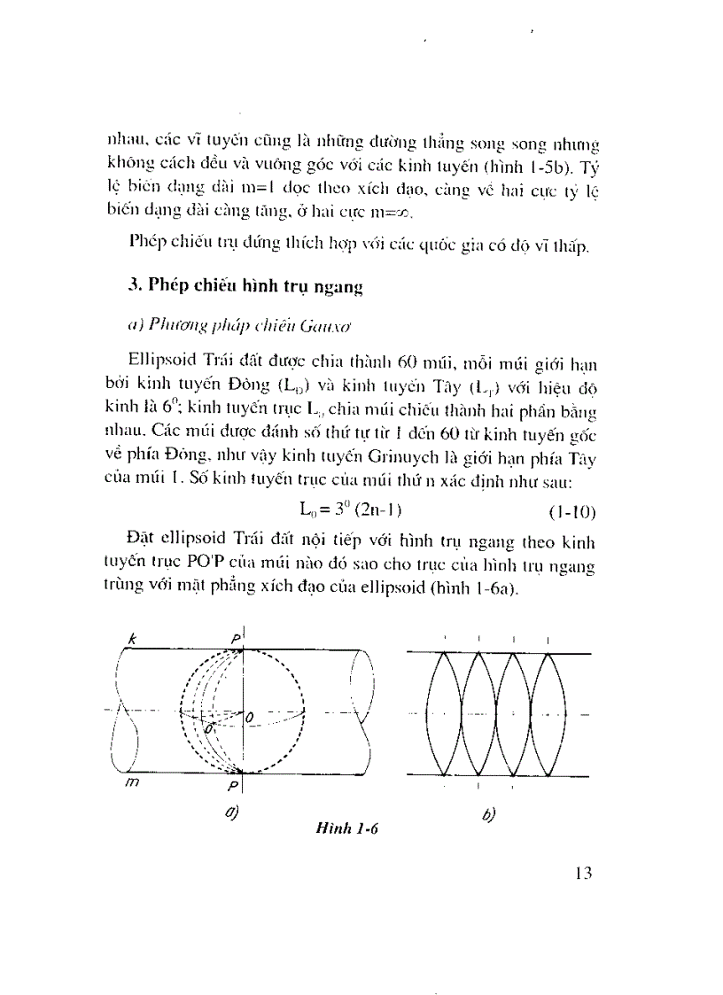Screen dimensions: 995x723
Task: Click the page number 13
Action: pos(582,872)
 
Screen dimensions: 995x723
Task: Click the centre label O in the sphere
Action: pos(251,715)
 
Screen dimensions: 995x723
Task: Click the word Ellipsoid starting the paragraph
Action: pos(164,361)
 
